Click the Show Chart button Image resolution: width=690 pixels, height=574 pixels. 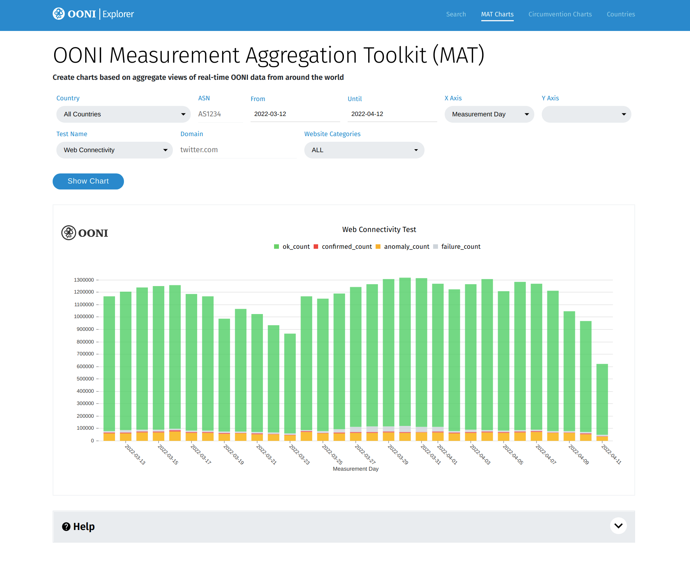[x=88, y=181]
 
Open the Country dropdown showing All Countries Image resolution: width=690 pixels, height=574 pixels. [x=123, y=114]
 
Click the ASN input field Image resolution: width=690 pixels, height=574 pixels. [x=220, y=114]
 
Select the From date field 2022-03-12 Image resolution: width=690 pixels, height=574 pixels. [x=295, y=114]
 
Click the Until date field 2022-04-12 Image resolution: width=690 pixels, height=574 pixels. [x=392, y=114]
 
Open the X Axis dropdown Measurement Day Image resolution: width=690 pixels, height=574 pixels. [x=489, y=114]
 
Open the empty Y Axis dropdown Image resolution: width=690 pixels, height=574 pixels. [x=586, y=114]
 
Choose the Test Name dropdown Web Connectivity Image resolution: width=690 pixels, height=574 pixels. [x=114, y=150]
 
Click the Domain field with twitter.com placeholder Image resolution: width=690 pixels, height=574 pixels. [x=238, y=150]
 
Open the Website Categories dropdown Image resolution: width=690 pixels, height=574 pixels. [x=364, y=150]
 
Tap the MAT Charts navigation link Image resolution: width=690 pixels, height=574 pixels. [x=497, y=14]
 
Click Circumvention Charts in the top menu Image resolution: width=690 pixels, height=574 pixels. [x=560, y=14]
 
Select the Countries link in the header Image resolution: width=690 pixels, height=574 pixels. [x=621, y=14]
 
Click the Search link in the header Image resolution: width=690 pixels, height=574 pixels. [x=456, y=14]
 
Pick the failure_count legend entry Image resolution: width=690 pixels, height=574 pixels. [x=457, y=247]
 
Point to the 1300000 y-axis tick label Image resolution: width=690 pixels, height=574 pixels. [x=84, y=280]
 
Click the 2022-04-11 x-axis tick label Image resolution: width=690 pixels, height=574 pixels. [x=611, y=454]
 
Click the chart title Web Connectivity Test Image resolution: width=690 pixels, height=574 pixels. [x=379, y=229]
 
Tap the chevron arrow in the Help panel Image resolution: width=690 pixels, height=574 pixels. [x=618, y=526]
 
